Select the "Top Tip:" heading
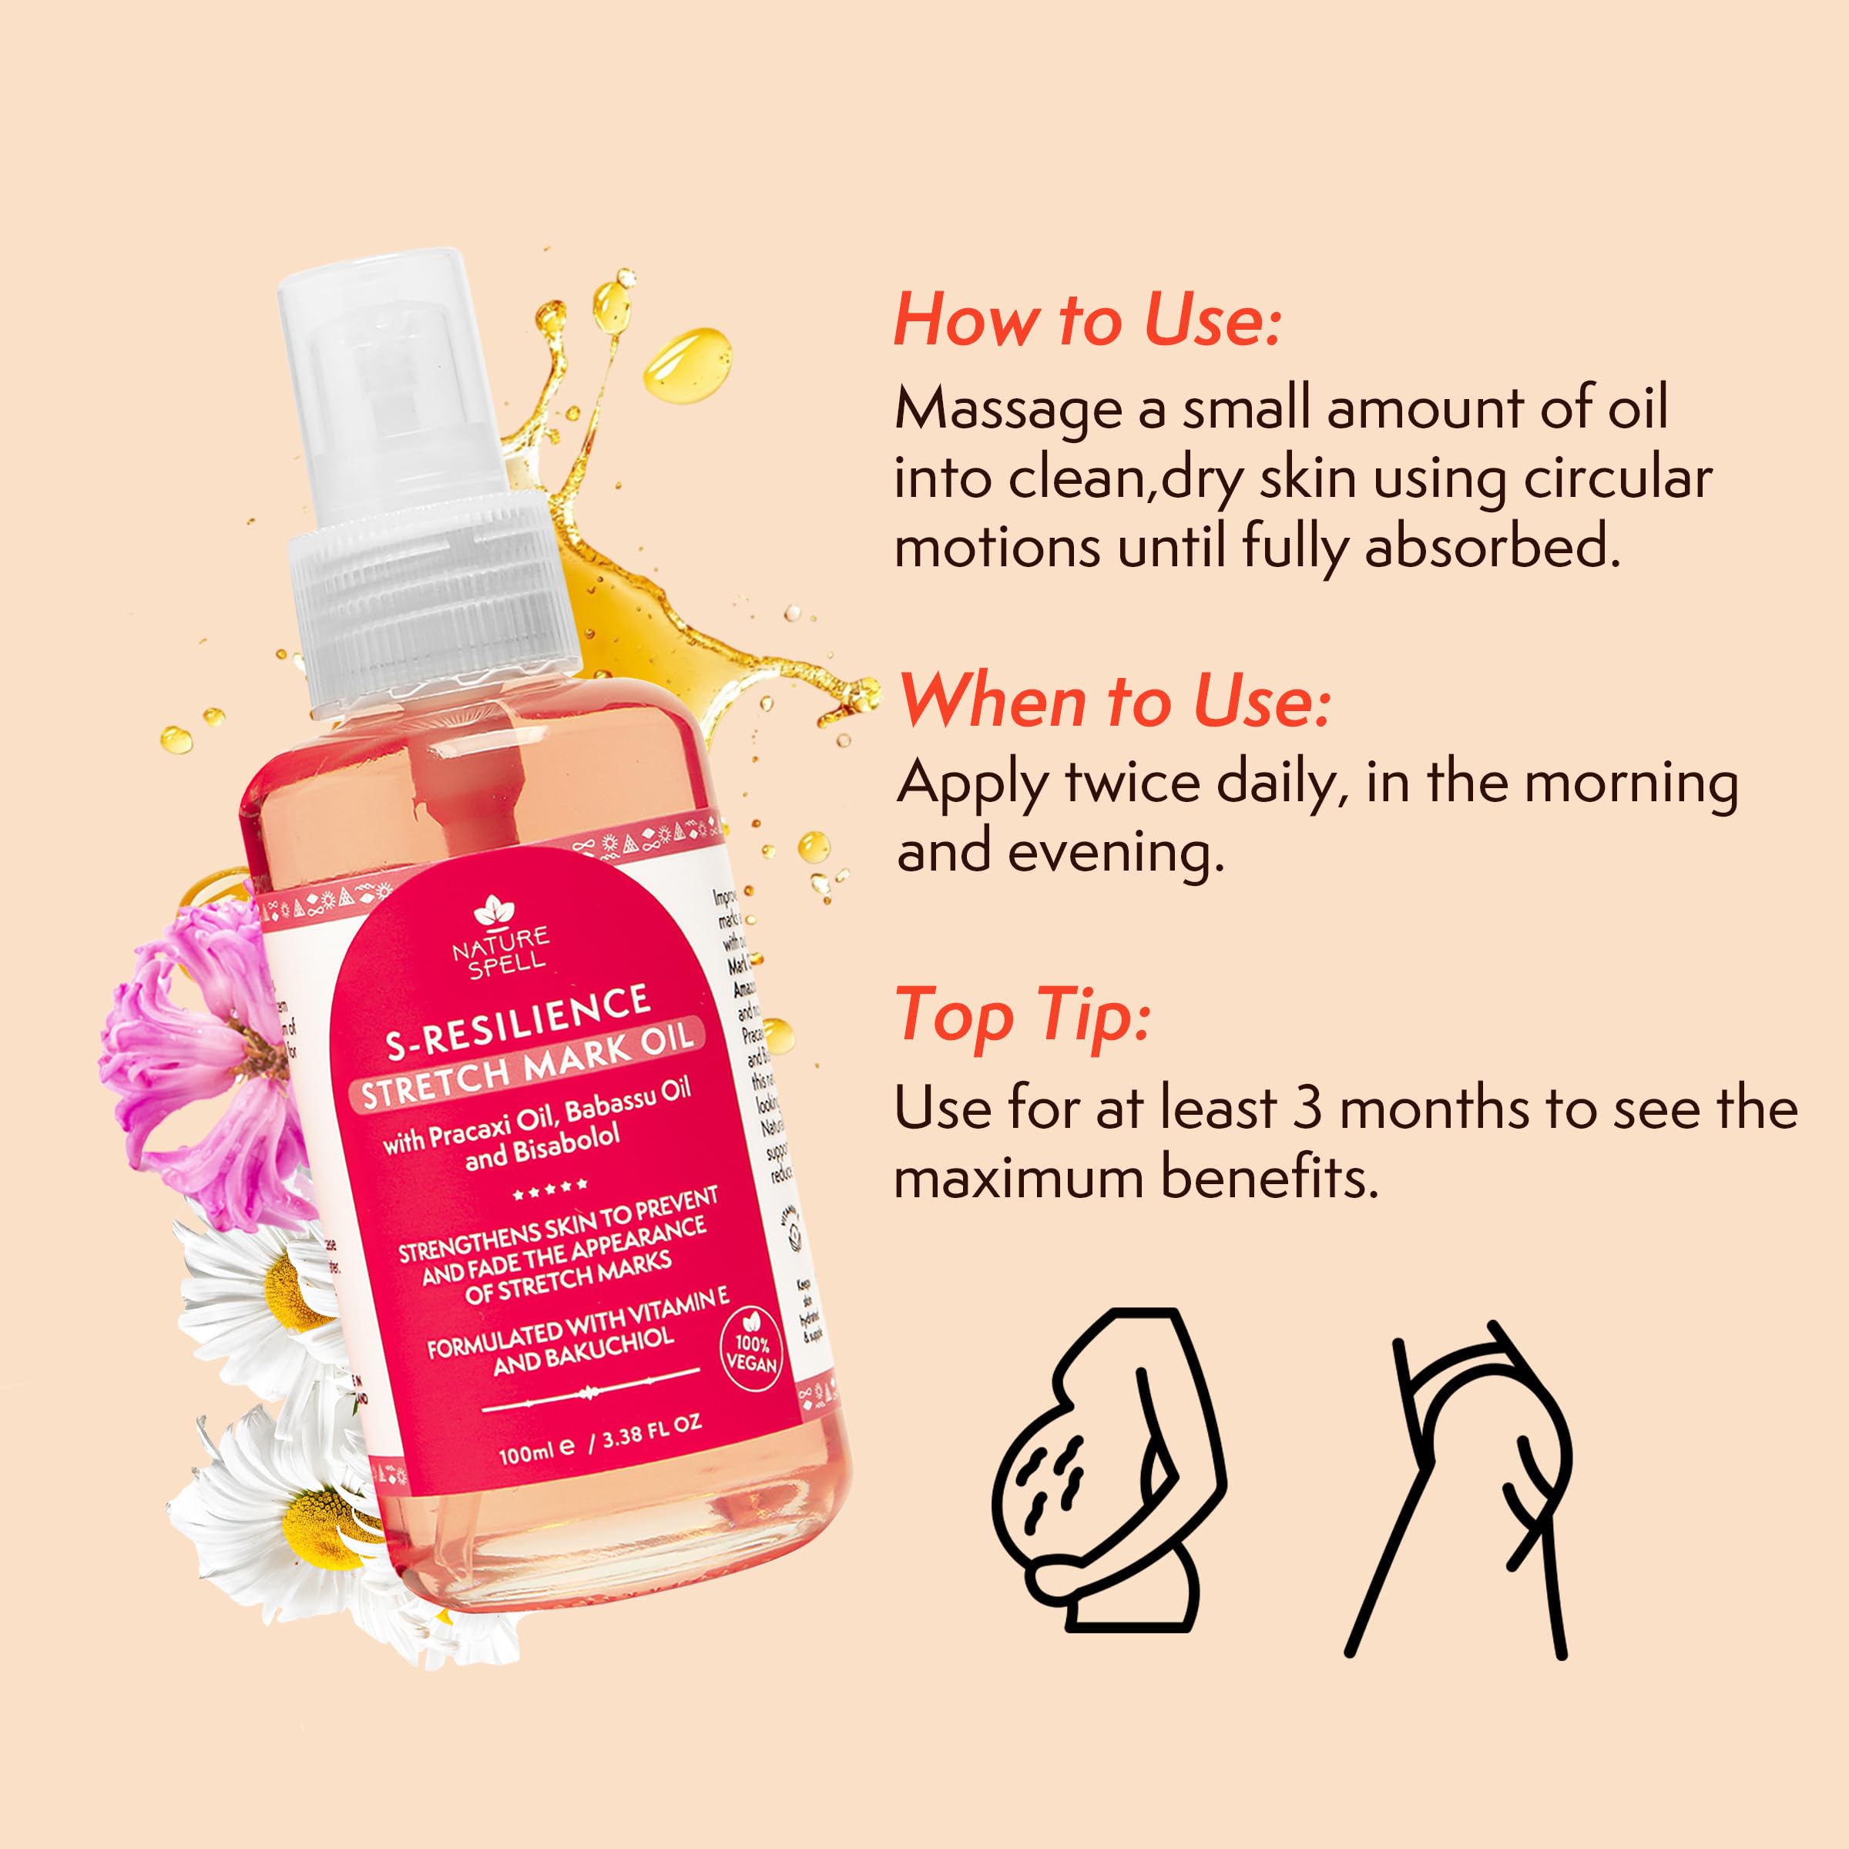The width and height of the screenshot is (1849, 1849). pos(1023,1015)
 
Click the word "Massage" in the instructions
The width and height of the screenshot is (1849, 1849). pos(1008,411)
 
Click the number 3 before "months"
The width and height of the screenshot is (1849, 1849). pos(1307,1109)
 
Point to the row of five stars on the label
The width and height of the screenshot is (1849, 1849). pos(549,1190)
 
